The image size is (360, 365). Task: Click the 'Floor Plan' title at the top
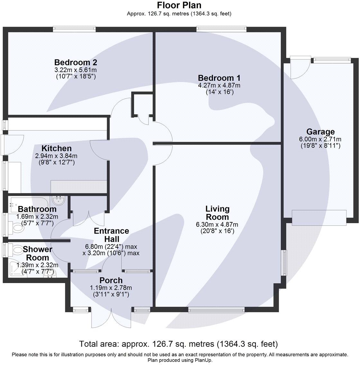(x=179, y=5)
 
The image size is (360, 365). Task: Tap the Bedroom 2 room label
(x=76, y=62)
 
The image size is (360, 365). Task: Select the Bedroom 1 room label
(x=219, y=78)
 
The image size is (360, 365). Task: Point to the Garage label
(x=320, y=131)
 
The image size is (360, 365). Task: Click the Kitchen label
(x=57, y=148)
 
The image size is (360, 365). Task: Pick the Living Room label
(x=217, y=213)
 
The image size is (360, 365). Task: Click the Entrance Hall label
(x=111, y=235)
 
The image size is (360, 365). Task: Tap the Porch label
(x=111, y=280)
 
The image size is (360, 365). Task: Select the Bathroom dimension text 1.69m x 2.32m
(x=37, y=216)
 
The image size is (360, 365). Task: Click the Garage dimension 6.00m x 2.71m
(x=320, y=139)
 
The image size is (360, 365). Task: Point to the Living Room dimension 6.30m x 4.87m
(x=217, y=224)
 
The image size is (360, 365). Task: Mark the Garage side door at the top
(x=300, y=67)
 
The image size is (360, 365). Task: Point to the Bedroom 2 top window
(x=75, y=29)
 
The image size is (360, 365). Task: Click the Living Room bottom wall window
(x=216, y=310)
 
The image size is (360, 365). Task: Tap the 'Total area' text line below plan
(x=178, y=344)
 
